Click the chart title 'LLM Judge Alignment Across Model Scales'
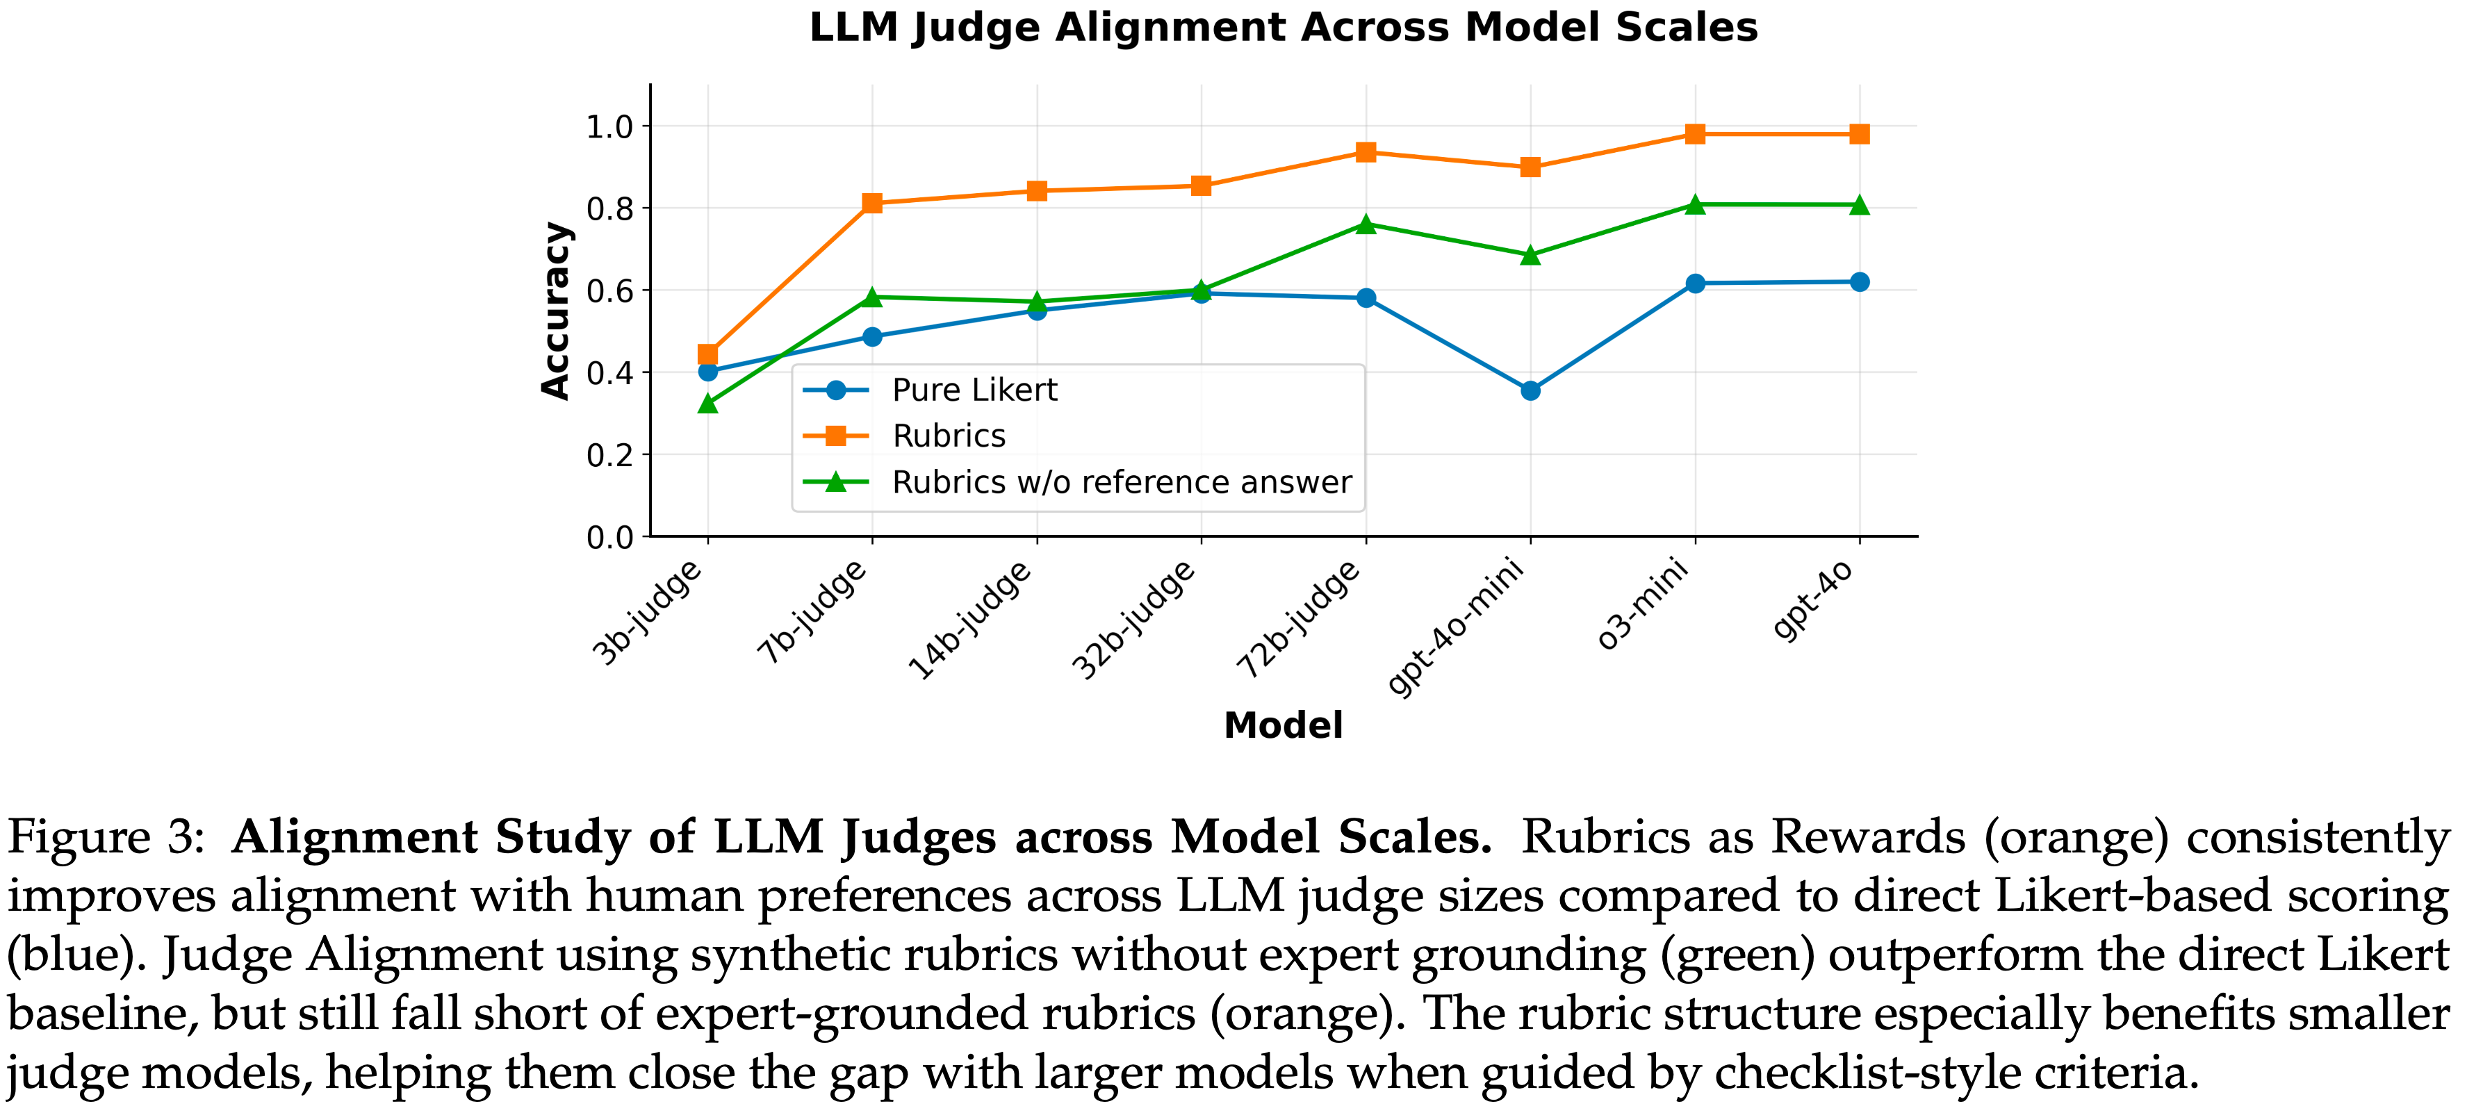1284,28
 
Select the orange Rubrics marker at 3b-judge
707,354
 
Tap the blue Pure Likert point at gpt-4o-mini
1530,390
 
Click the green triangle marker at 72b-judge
1366,225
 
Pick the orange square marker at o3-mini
1695,134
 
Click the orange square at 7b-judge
871,203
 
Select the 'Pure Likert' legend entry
974,390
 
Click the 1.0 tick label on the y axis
610,126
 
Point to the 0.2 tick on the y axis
610,455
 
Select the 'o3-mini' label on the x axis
1641,605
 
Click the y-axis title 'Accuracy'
555,311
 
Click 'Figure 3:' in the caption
106,838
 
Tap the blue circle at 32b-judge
1201,293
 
